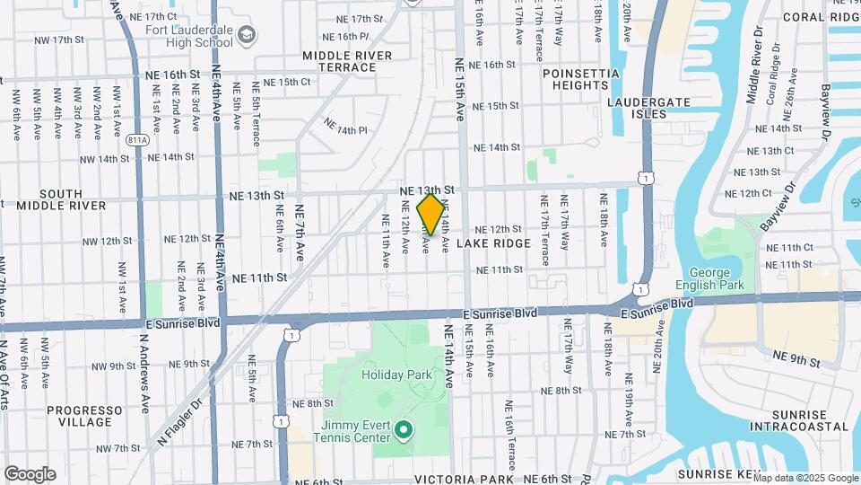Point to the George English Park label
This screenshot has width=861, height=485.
717,278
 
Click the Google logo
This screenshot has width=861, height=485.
30,474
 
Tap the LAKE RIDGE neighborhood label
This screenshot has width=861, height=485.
493,243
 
